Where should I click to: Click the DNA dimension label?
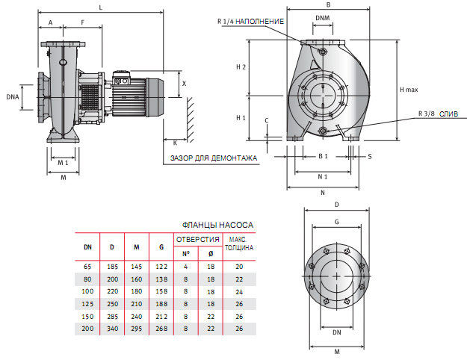pos(13,97)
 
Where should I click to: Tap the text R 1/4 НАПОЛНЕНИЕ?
pos(250,22)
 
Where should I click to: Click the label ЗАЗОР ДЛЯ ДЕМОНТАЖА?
pos(214,158)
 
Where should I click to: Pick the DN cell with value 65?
pos(87,266)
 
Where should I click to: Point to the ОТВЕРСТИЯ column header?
pos(197,239)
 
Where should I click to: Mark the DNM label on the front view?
pos(322,16)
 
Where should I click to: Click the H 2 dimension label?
pos(241,67)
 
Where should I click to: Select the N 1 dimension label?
pos(323,177)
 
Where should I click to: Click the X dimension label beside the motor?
pos(184,84)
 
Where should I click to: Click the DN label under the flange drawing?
pos(337,332)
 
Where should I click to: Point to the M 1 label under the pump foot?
pos(63,162)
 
